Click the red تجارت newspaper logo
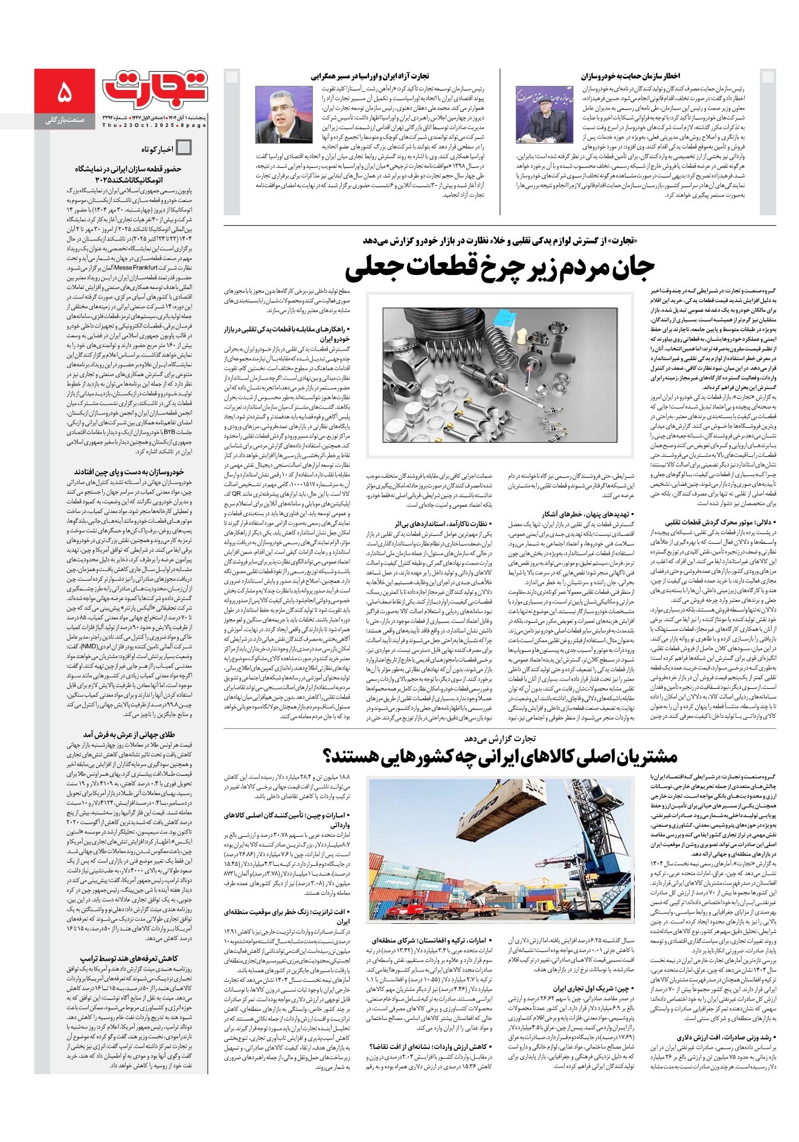[155, 87]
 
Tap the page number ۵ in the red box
[64, 94]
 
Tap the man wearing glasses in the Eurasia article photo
[283, 115]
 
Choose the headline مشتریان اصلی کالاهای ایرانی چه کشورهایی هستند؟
[501, 757]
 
